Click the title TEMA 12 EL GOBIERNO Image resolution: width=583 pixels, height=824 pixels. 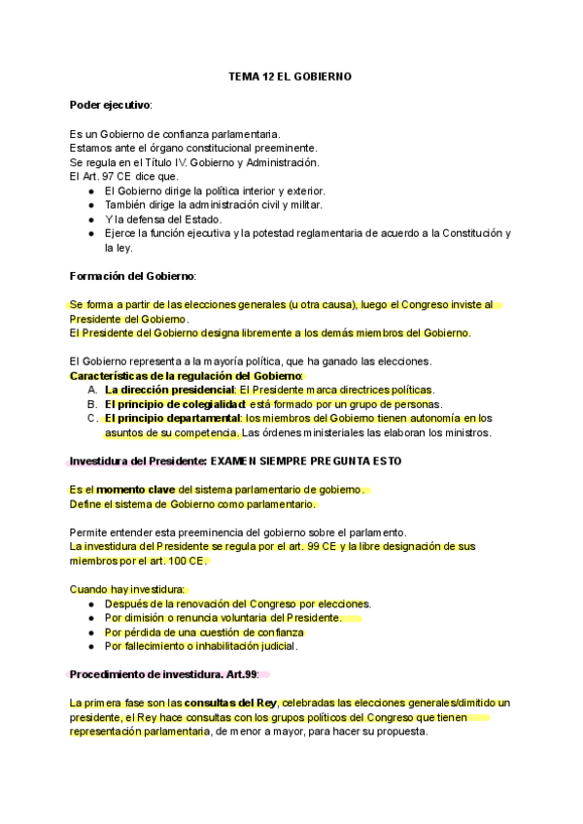290,75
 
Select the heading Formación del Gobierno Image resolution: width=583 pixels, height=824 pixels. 133,276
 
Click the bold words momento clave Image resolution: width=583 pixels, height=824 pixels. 136,490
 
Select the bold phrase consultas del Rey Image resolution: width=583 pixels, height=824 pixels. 230,703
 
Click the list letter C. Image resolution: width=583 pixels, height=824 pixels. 91,419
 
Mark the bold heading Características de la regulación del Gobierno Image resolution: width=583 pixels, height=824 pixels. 187,376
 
